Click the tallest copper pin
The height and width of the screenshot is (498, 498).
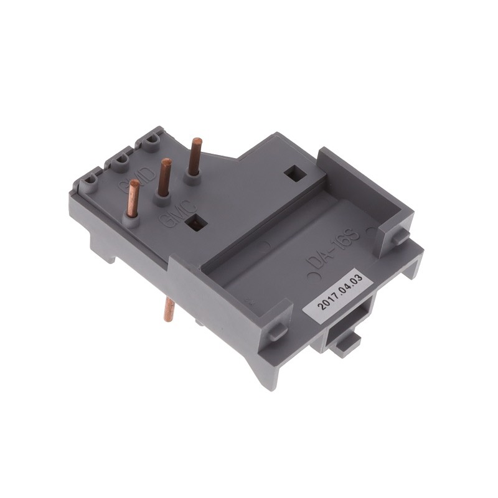coord(195,157)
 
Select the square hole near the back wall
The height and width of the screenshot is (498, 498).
coord(291,174)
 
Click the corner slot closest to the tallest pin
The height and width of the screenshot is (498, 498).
coord(151,142)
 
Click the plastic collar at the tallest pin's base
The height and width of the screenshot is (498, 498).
coord(194,179)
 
